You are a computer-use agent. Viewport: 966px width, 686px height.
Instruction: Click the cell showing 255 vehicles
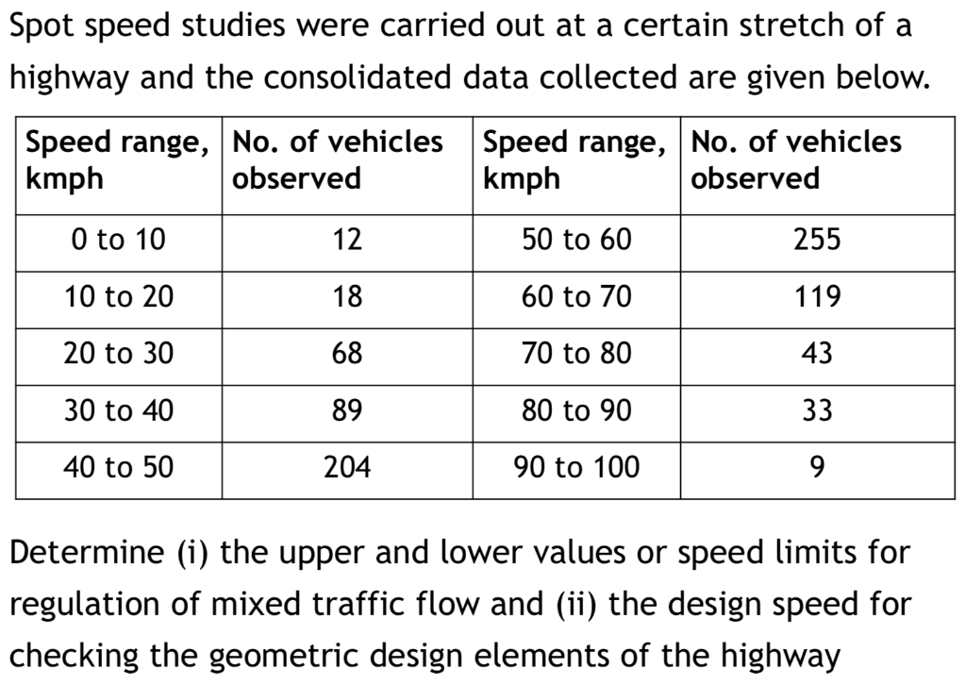pos(816,240)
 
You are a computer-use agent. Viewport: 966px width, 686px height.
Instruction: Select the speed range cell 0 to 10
pos(118,240)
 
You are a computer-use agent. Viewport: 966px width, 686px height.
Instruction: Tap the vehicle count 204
pos(347,466)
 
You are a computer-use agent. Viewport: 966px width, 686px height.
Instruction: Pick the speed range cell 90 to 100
pos(576,466)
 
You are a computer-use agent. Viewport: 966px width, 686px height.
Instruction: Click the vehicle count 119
pos(816,297)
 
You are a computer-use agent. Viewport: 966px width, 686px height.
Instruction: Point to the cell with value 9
pos(816,466)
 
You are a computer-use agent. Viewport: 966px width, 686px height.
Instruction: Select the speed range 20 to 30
pos(118,354)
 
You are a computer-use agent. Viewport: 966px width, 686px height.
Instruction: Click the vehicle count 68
pos(347,354)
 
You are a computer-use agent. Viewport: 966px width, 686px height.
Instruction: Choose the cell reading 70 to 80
pos(576,354)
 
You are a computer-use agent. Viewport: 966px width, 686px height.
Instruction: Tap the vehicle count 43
pos(816,354)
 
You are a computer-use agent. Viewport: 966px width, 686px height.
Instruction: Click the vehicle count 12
pos(347,240)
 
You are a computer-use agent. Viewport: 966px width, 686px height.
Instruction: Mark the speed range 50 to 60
pos(576,240)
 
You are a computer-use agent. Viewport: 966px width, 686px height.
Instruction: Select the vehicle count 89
pos(347,410)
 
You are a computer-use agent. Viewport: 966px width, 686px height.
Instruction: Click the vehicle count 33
pos(816,410)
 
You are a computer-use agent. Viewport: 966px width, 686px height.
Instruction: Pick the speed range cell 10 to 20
pos(118,297)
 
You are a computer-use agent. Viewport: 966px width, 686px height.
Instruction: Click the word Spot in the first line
pos(43,26)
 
